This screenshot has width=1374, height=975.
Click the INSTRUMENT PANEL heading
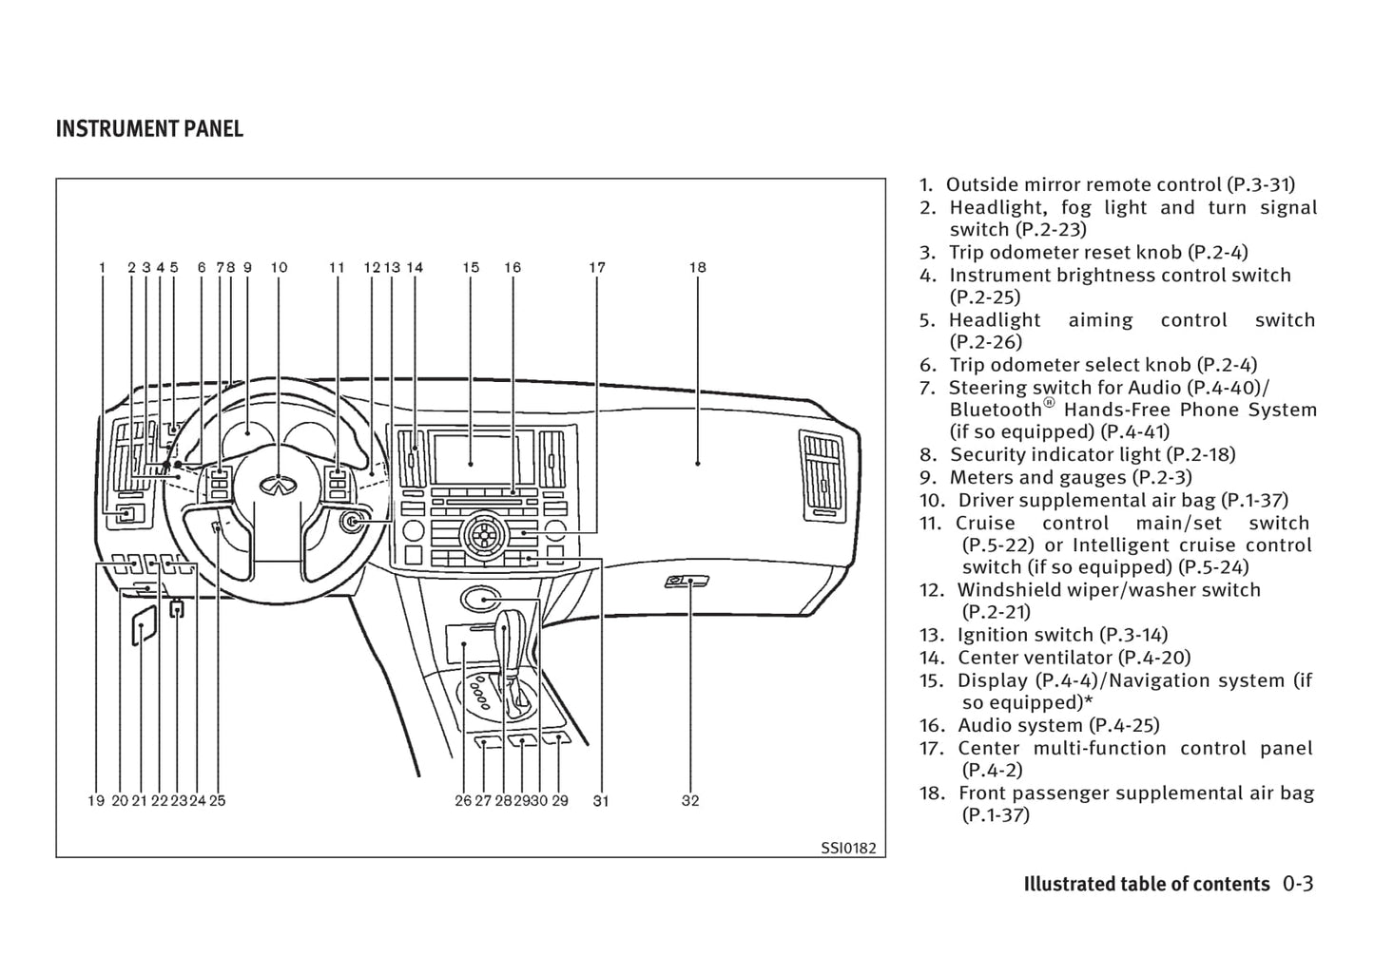[x=149, y=129]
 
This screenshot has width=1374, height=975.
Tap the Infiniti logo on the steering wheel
[x=278, y=486]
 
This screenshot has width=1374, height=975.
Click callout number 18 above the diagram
[x=698, y=268]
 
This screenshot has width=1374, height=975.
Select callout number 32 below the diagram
[x=690, y=801]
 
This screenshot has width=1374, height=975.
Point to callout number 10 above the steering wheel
[x=279, y=268]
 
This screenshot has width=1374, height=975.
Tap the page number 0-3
[x=1297, y=884]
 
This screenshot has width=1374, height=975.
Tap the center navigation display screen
[x=472, y=462]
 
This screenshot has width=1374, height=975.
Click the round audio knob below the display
[x=481, y=534]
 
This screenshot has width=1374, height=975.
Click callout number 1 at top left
[x=102, y=268]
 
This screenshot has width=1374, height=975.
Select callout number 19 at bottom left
[x=96, y=801]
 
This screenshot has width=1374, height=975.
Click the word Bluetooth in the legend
[x=996, y=411]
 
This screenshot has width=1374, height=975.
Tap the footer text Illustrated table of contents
[x=1146, y=885]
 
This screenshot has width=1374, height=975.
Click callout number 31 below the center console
[x=601, y=801]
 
